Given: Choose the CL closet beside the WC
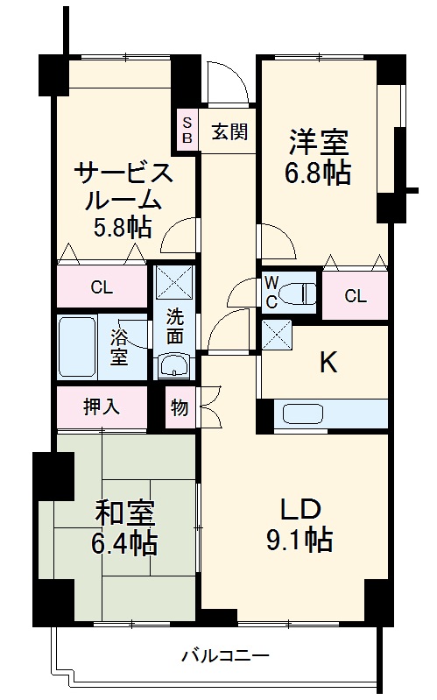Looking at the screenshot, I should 355,296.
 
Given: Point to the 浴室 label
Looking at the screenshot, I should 118,347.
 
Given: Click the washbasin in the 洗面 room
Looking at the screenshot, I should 175,367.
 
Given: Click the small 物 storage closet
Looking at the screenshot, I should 180,407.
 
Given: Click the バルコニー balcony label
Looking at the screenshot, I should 225,654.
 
